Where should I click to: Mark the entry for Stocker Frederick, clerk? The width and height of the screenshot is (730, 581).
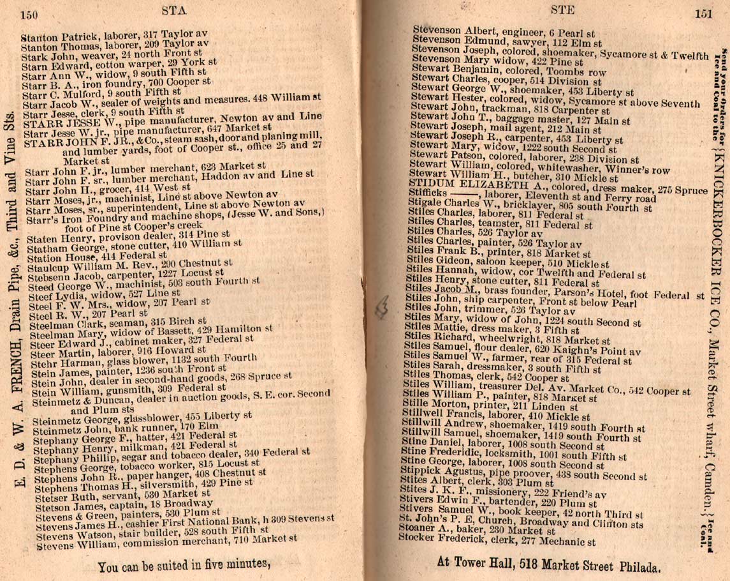(x=497, y=542)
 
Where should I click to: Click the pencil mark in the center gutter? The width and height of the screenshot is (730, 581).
(x=382, y=308)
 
